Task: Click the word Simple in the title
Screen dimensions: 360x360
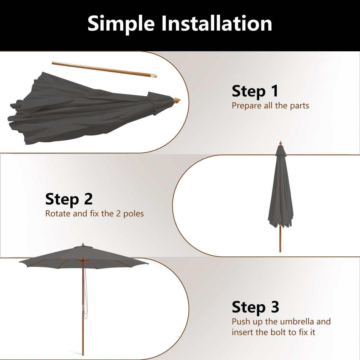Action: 121,24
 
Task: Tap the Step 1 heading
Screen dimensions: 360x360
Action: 255,91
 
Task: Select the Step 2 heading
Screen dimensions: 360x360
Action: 69,199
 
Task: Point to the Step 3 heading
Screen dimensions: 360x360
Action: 255,307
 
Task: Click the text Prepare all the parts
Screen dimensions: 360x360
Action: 270,106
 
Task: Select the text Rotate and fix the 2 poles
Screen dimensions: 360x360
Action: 94,214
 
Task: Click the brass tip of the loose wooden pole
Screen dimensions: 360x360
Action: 153,76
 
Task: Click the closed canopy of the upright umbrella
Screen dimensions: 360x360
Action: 280,193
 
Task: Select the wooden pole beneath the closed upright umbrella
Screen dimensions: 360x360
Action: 280,240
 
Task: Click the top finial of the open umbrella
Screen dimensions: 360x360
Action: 83,244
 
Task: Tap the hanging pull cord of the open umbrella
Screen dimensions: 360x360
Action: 86,297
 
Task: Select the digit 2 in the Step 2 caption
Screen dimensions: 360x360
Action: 118,214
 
